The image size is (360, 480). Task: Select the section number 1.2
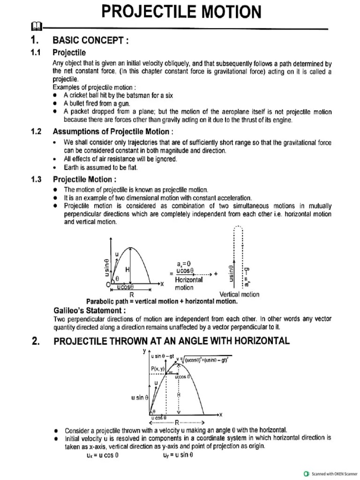36,131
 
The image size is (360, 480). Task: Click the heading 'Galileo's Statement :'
90,310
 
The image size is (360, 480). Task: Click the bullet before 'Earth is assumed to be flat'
55,167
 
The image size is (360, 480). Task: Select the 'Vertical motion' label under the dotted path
239,294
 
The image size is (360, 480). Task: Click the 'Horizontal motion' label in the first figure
189,284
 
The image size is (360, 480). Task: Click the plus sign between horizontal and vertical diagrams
216,274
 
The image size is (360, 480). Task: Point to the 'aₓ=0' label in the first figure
184,263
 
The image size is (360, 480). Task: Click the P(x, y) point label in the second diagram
158,368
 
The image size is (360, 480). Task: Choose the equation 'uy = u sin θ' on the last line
178,454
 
